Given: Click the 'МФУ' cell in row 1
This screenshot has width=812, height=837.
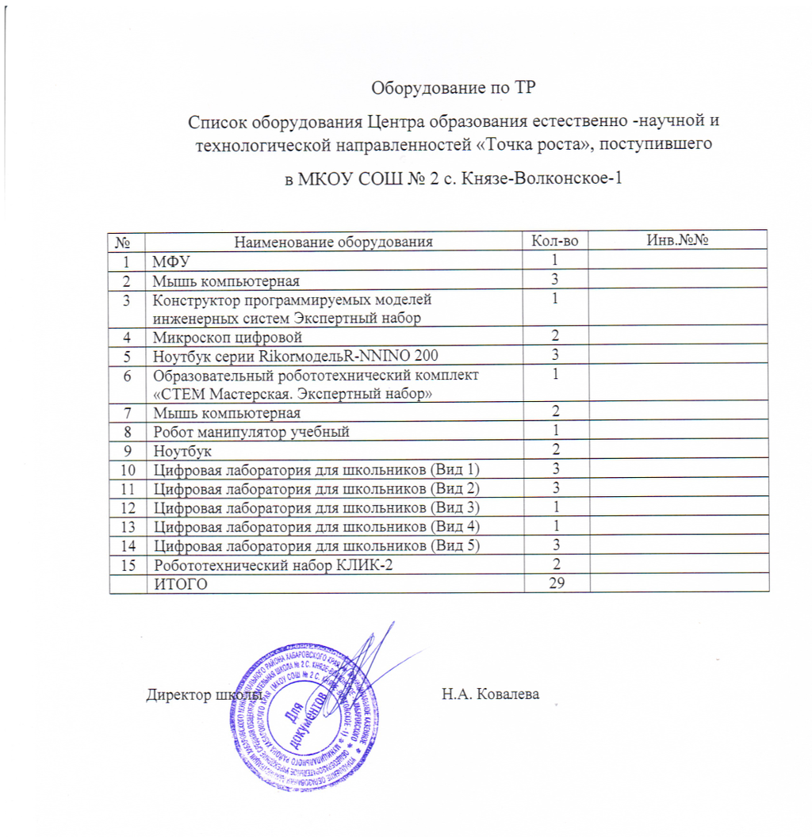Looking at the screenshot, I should (170, 261).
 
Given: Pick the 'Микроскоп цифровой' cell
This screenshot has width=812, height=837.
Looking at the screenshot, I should (216, 337).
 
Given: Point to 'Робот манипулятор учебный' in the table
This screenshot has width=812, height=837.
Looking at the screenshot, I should (251, 431).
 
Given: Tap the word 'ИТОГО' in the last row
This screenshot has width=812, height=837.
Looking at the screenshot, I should (183, 584).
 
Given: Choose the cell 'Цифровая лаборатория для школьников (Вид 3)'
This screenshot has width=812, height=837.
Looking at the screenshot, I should (317, 507).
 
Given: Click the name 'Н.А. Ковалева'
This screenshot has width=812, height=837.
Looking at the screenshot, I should (490, 694).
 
